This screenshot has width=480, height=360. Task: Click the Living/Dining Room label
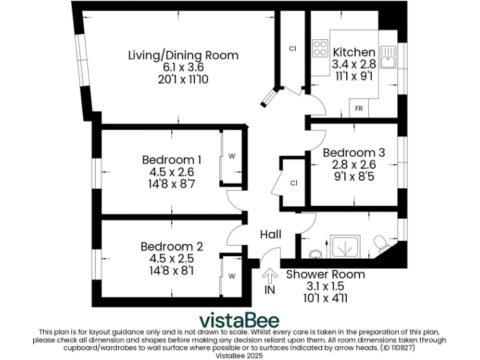click(x=183, y=55)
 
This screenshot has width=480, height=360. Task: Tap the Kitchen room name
click(x=354, y=52)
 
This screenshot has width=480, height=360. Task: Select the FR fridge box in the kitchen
click(x=359, y=108)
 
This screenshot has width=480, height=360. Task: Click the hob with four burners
click(x=320, y=48)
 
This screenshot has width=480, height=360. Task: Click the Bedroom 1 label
click(x=171, y=159)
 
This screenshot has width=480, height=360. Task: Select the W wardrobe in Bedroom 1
click(x=231, y=155)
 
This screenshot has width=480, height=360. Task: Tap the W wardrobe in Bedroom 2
click(x=231, y=276)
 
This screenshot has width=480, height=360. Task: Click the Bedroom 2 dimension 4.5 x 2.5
click(x=171, y=259)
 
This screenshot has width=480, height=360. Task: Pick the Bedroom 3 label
click(x=353, y=152)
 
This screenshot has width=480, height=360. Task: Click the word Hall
click(x=271, y=234)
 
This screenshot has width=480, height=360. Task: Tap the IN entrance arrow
click(x=270, y=276)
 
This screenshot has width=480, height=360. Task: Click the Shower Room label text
click(x=325, y=274)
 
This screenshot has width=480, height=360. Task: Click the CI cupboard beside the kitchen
click(x=292, y=48)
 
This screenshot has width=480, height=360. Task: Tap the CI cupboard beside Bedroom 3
click(x=293, y=182)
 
